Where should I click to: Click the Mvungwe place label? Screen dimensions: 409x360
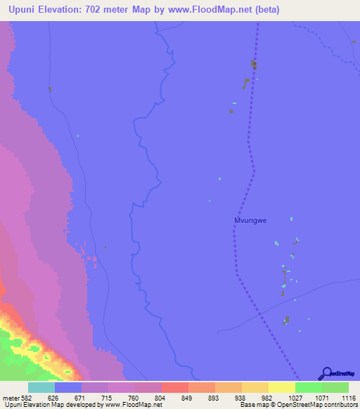point(250,220)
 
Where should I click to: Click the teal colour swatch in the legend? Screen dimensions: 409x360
point(41,387)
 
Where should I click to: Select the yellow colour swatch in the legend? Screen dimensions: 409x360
point(282,387)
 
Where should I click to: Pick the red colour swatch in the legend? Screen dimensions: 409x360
point(175,387)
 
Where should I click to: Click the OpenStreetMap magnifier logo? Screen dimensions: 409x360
point(326,373)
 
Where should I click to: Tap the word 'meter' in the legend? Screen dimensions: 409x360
point(11,398)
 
